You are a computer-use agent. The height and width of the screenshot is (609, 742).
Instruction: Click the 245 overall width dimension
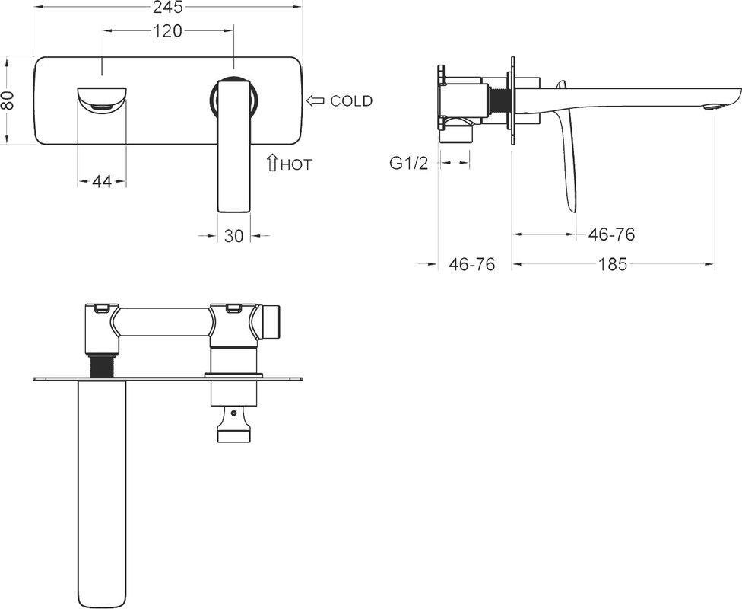[168, 7]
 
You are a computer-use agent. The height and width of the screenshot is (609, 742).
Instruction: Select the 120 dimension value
[168, 30]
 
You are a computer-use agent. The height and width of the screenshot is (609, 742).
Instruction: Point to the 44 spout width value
[102, 181]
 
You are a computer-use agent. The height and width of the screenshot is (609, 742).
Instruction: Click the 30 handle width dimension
[233, 235]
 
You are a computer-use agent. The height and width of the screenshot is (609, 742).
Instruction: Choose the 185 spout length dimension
[613, 264]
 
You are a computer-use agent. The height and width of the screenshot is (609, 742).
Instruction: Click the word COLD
[351, 101]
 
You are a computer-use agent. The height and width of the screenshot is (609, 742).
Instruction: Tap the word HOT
[296, 165]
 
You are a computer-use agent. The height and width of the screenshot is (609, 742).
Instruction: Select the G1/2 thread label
[409, 163]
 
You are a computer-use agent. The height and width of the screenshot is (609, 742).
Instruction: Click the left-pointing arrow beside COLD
[316, 100]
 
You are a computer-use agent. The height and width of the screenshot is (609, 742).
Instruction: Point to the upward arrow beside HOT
[273, 162]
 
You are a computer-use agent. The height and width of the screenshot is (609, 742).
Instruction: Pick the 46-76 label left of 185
[472, 264]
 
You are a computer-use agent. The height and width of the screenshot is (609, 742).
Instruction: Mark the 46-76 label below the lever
[611, 234]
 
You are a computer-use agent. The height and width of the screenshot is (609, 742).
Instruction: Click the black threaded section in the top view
[101, 367]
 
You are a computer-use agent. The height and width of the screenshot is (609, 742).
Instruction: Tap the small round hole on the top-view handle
[233, 413]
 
